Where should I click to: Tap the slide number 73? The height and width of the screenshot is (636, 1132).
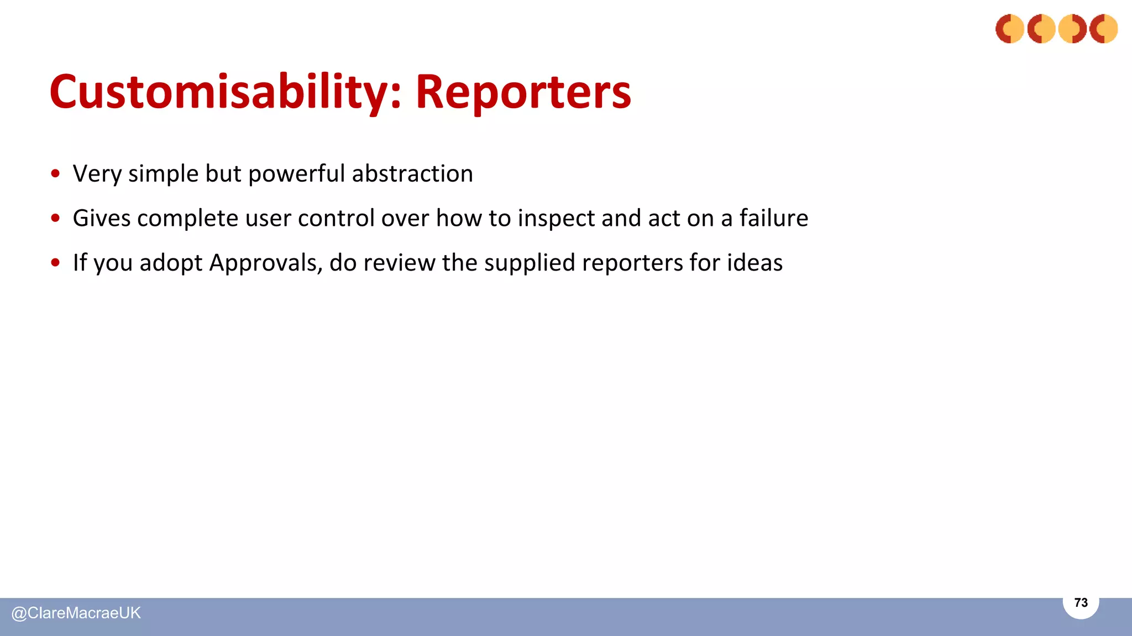coord(1081,603)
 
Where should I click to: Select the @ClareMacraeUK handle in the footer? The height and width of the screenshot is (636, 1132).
coord(76,613)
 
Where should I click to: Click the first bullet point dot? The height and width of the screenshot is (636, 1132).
coord(55,174)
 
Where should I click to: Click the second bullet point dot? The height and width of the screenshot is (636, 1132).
coord(55,218)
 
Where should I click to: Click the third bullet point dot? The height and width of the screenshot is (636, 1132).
coord(55,263)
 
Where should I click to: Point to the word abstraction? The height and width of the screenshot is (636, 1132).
coord(412,174)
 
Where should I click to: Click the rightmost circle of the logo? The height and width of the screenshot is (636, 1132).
coord(1103,29)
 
